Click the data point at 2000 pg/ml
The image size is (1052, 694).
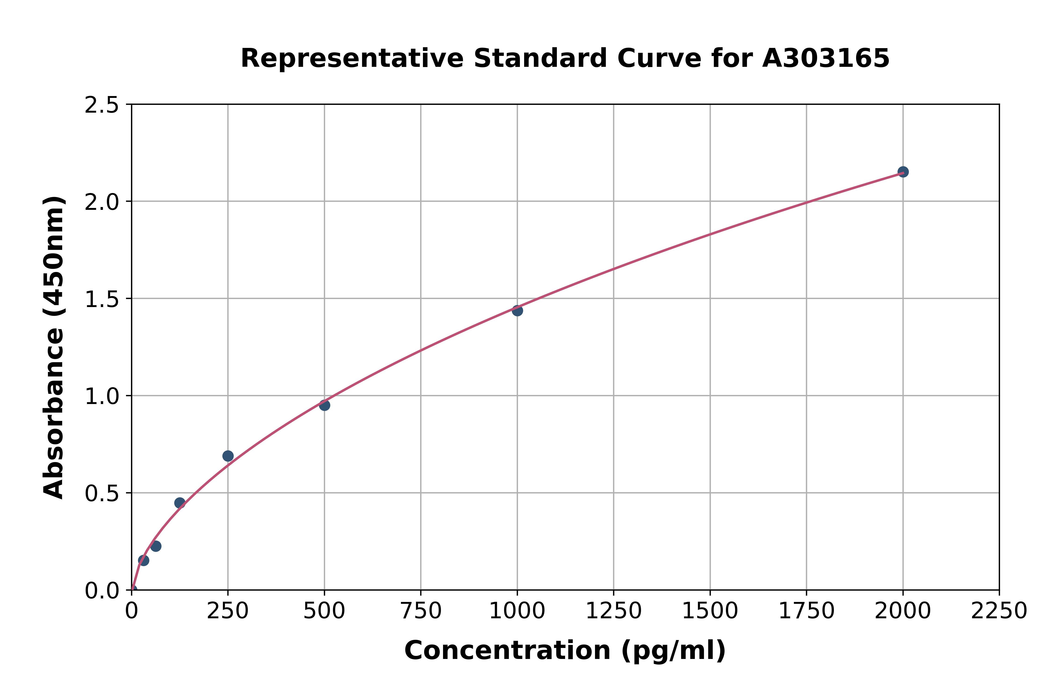point(903,172)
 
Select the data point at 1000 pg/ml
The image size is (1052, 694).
point(517,311)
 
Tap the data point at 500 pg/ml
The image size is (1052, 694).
point(324,405)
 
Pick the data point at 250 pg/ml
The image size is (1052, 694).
point(228,456)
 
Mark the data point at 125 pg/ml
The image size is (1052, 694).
point(180,503)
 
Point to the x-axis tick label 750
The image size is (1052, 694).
point(421,611)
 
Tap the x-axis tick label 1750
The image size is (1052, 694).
point(806,611)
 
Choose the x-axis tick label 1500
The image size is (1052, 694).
point(710,611)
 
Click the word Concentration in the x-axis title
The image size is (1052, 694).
point(507,651)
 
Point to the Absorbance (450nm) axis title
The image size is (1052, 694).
point(54,347)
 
